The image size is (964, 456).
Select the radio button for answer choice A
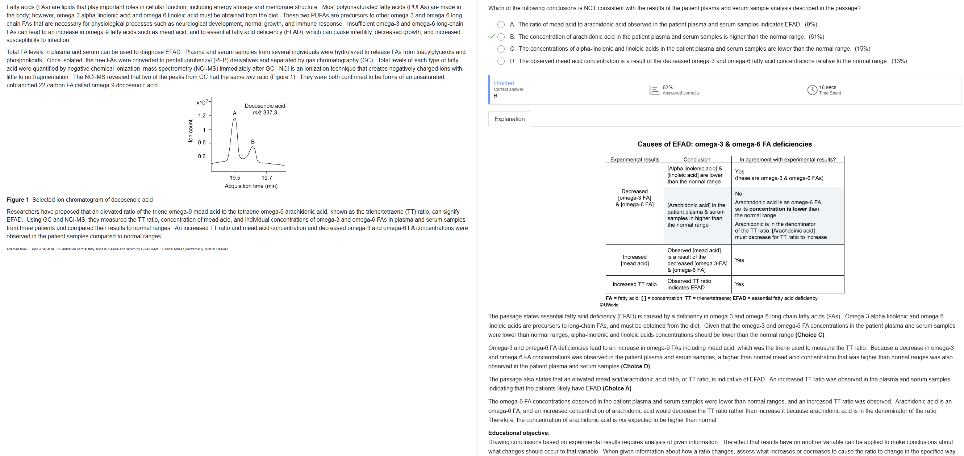[501, 25]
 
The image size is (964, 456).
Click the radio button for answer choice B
[501, 37]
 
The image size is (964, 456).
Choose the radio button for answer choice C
[501, 49]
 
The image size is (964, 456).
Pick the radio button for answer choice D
[501, 61]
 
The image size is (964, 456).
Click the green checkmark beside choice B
[491, 37]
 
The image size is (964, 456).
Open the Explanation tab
[509, 119]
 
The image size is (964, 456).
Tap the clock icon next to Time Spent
[812, 90]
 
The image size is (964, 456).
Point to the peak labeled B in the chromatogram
[253, 147]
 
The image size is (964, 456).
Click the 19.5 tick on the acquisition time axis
[235, 178]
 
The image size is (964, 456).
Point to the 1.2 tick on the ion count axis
[202, 116]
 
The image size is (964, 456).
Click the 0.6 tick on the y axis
[202, 156]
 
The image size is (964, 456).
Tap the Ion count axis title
[191, 131]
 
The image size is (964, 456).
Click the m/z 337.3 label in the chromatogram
[264, 113]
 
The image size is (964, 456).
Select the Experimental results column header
[634, 160]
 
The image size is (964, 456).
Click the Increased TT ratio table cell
[634, 284]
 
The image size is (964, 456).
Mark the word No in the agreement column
[738, 194]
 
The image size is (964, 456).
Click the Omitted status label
[503, 83]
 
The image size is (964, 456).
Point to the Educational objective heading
[519, 433]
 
